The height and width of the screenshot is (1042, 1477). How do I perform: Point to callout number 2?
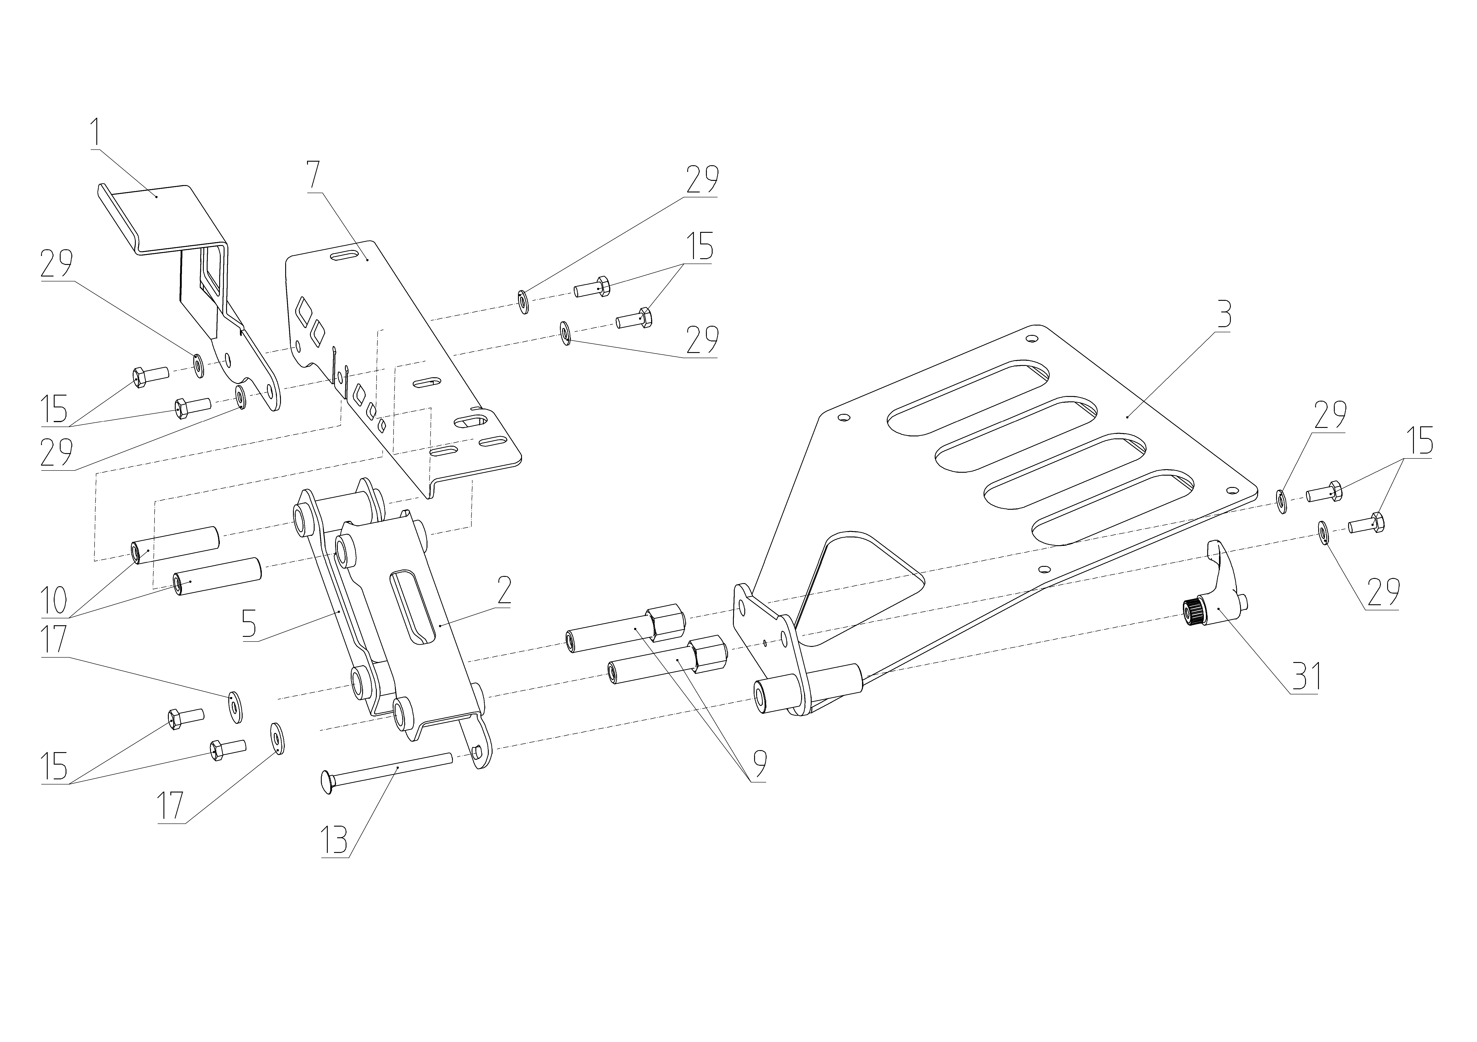pyautogui.click(x=504, y=590)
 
